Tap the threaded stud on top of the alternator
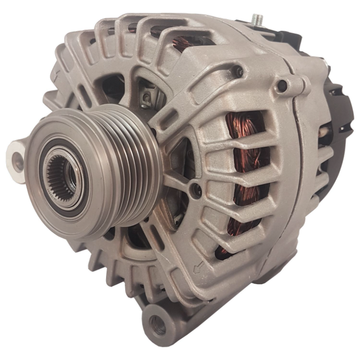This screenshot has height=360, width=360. coord(258,20)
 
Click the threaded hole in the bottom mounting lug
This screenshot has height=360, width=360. coord(157,323)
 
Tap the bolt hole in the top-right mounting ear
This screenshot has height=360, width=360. coord(282,86)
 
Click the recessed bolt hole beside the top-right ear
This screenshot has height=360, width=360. coord(238,72)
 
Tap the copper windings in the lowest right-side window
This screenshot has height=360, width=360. coord(226,250)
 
